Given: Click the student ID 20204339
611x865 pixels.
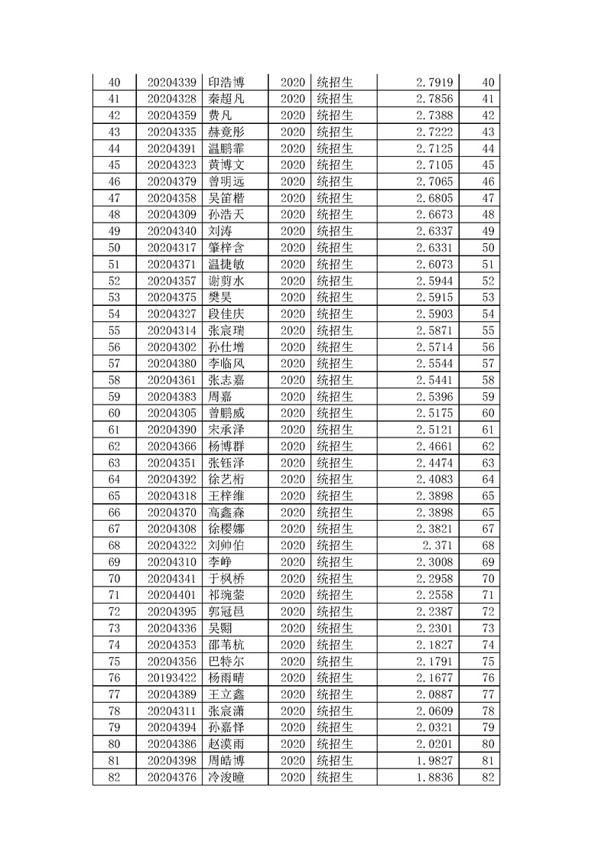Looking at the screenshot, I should [172, 82].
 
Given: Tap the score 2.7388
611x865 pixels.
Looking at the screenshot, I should [436, 115].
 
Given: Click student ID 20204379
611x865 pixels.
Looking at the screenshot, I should [172, 181].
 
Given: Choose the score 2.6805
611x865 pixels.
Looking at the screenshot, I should [436, 198].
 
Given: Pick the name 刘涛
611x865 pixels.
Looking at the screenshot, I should [221, 231].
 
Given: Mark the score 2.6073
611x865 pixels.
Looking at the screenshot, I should [436, 264].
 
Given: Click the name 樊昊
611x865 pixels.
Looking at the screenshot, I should [221, 297].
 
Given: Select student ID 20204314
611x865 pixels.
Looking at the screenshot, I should [172, 330].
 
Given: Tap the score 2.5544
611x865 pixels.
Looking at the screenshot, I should [436, 363].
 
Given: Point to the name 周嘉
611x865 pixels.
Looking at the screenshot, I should [221, 396].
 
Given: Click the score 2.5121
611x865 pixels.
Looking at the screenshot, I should [436, 429].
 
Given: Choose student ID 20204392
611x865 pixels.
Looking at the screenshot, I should [172, 479].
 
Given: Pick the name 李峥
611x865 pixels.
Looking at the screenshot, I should [221, 561].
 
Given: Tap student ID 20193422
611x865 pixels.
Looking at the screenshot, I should [172, 678].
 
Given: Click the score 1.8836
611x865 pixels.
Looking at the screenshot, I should [436, 777].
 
